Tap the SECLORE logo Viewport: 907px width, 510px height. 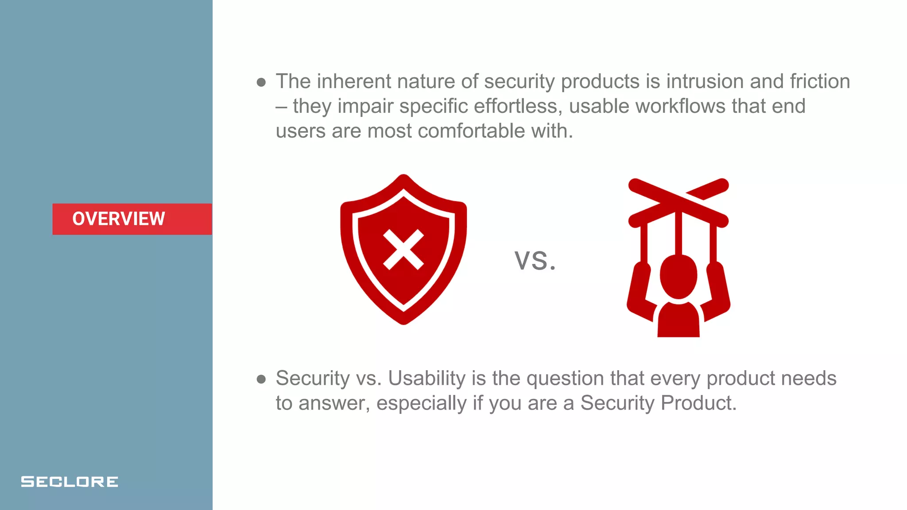(x=70, y=482)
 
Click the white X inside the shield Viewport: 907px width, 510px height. (x=403, y=250)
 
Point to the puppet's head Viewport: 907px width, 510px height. (x=678, y=276)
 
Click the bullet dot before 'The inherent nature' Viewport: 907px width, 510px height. (x=261, y=82)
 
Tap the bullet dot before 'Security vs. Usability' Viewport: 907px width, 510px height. (x=261, y=379)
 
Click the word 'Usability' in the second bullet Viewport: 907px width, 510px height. (x=426, y=379)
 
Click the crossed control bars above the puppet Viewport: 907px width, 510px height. (x=678, y=201)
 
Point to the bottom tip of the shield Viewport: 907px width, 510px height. (x=403, y=321)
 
